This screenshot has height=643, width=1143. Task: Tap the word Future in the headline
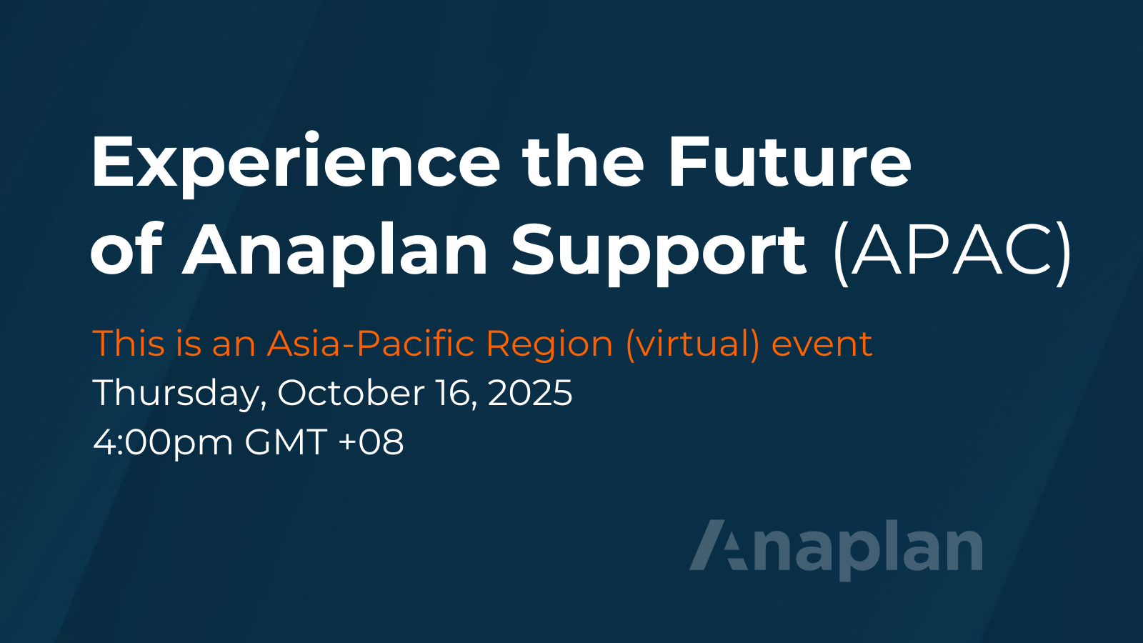pyautogui.click(x=789, y=161)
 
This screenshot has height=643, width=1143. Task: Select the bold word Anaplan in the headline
pyautogui.click(x=335, y=251)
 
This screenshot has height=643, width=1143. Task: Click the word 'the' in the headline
pyautogui.click(x=584, y=161)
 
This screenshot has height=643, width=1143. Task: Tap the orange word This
pyautogui.click(x=129, y=344)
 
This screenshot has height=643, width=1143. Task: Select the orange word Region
pyautogui.click(x=549, y=346)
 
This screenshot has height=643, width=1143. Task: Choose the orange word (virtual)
pyautogui.click(x=692, y=346)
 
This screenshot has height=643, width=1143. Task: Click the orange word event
pyautogui.click(x=822, y=345)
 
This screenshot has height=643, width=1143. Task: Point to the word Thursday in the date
pyautogui.click(x=179, y=394)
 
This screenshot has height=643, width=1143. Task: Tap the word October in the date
pyautogui.click(x=351, y=393)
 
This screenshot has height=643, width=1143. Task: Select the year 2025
pyautogui.click(x=529, y=393)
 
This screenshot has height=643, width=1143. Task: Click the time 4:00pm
pyautogui.click(x=163, y=444)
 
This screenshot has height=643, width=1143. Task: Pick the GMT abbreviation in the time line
pyautogui.click(x=286, y=442)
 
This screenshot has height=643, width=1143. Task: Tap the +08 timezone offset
pyautogui.click(x=371, y=442)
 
